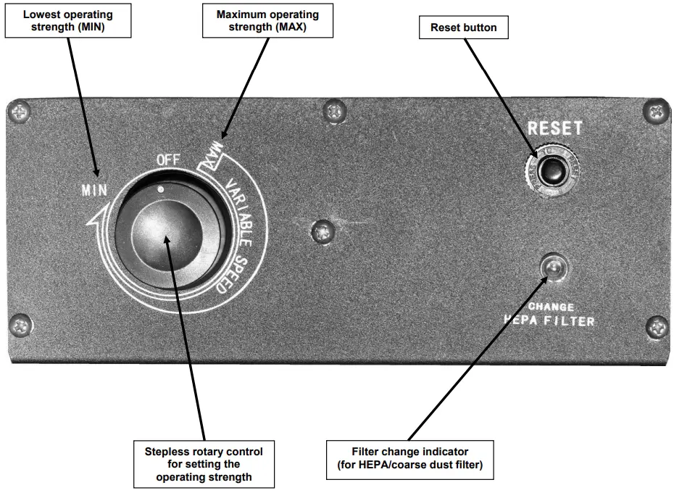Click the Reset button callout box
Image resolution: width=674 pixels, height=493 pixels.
click(x=464, y=28)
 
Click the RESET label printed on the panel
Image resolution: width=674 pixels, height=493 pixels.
click(x=554, y=128)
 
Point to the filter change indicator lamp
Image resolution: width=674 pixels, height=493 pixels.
click(x=554, y=269)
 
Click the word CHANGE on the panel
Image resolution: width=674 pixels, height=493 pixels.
click(x=552, y=307)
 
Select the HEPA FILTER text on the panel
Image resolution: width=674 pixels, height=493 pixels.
click(x=551, y=320)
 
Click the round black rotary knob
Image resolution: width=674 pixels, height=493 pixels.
click(x=166, y=235)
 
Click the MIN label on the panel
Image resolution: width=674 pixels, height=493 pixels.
click(x=95, y=192)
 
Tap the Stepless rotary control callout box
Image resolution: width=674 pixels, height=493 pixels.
click(x=204, y=464)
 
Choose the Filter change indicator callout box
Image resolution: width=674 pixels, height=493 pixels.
click(x=409, y=459)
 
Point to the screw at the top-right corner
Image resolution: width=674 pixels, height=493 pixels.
click(x=655, y=111)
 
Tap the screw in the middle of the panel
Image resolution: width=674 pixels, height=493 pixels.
click(x=320, y=232)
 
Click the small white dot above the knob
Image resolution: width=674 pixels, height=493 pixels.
click(x=162, y=188)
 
